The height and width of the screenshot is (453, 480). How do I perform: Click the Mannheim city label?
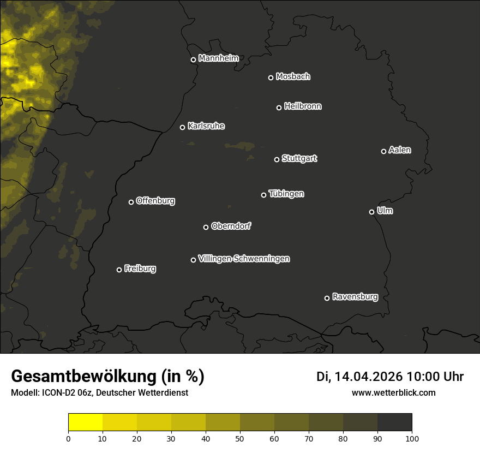tap(218, 58)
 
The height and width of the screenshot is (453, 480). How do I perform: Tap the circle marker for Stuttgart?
tap(277, 159)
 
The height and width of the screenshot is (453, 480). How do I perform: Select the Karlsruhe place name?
tap(206, 126)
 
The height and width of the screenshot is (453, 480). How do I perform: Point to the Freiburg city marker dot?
tap(119, 270)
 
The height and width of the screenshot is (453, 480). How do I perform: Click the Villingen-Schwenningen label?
tap(244, 259)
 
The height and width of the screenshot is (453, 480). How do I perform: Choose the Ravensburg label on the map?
tap(355, 297)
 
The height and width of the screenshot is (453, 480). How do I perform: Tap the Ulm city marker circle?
tap(371, 212)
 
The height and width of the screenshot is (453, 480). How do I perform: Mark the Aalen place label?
tap(399, 150)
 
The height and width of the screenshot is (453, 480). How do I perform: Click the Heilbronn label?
tap(303, 106)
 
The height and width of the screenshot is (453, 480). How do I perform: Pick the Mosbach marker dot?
tap(271, 78)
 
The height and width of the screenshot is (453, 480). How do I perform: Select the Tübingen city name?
tap(286, 194)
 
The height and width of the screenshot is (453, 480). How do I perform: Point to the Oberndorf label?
tap(231, 226)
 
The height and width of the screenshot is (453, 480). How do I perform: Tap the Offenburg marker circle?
tap(131, 202)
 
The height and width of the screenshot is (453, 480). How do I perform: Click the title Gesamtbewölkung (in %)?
tap(107, 377)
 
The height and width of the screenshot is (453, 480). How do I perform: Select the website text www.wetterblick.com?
tap(393, 392)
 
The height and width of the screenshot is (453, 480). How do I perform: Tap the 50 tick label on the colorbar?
tap(240, 438)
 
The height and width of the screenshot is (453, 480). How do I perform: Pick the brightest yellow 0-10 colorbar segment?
tap(85, 422)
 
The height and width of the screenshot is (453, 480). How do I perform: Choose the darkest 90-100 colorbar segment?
tap(394, 422)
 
